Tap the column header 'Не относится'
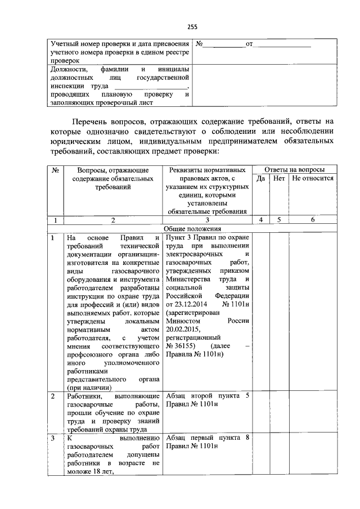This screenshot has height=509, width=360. click(x=313, y=178)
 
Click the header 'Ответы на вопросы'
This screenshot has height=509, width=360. click(x=294, y=169)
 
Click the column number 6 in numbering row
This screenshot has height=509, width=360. click(x=313, y=220)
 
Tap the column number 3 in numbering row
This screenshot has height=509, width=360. click(x=207, y=220)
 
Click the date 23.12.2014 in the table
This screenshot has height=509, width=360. click(x=188, y=304)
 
